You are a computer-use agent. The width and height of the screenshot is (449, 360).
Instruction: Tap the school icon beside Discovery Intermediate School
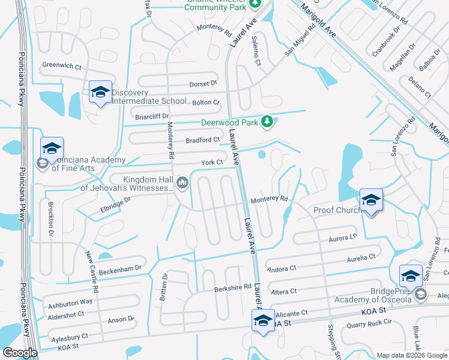[100, 92]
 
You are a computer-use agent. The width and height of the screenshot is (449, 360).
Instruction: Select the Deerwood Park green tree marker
[268, 122]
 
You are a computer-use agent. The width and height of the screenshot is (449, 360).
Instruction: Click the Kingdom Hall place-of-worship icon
[182, 182]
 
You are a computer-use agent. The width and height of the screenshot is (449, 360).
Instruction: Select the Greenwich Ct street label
[61, 67]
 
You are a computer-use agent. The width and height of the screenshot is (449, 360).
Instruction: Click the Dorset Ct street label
[203, 84]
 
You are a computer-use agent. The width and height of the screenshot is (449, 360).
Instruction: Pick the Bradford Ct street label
[203, 140]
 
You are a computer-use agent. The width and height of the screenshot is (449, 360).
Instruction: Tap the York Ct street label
[212, 163]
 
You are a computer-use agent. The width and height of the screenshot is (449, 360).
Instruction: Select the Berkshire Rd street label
[232, 288]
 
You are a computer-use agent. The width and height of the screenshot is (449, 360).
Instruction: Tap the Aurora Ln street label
[343, 238]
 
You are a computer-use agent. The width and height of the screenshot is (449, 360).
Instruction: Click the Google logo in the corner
[20, 353]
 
